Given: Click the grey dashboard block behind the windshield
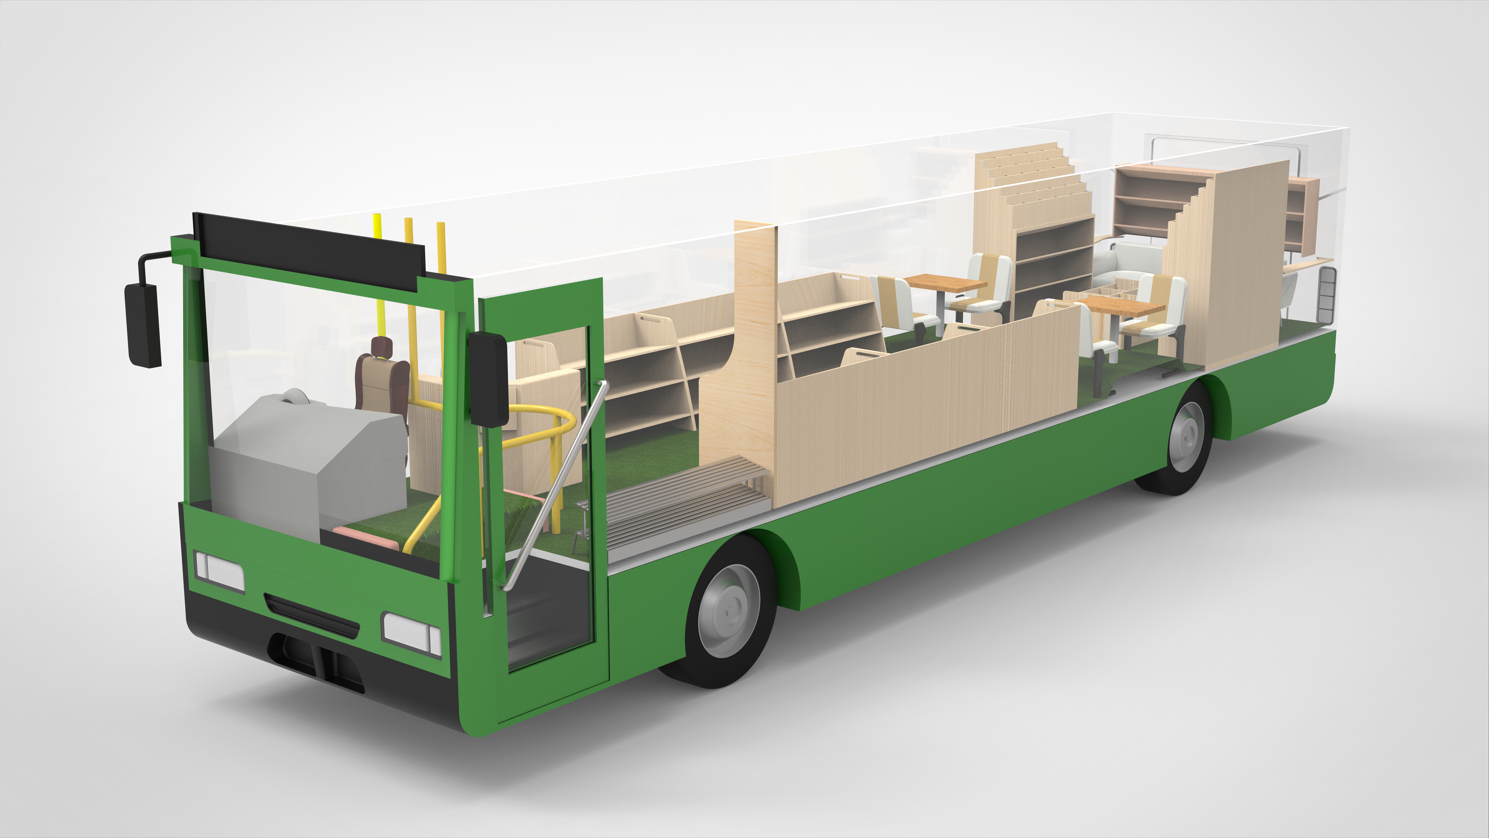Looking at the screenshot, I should (x=306, y=457).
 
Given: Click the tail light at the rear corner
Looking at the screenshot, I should (x=1327, y=295).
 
